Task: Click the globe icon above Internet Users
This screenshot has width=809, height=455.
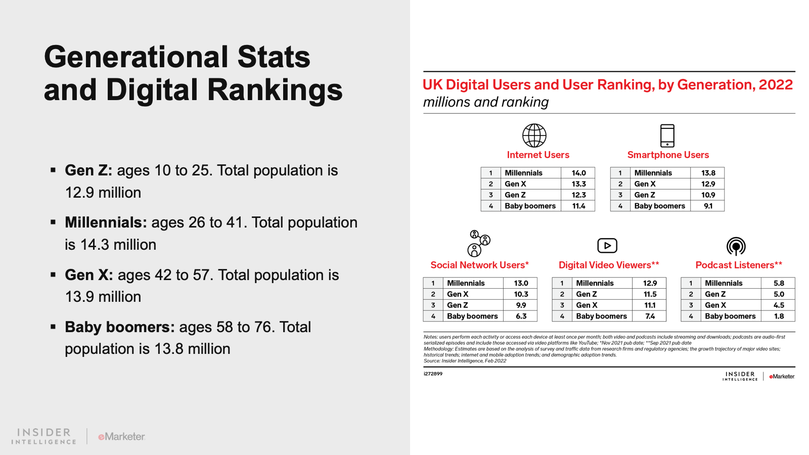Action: coord(534,135)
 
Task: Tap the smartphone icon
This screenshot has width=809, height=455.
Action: coord(667,135)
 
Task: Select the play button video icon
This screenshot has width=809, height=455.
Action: coord(607,246)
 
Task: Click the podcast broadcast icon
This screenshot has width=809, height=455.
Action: coord(736,246)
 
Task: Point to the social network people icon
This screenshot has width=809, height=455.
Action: coord(478,243)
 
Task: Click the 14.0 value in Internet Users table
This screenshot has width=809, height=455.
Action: coord(578,173)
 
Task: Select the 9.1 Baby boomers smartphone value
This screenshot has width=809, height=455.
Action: coord(708,206)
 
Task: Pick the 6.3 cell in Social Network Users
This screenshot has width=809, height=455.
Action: coord(521,316)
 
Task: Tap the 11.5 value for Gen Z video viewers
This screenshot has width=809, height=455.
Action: coord(650,294)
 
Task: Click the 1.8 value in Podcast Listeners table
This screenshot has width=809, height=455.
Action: coord(779,316)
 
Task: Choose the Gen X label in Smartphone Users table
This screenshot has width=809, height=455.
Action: coord(645,184)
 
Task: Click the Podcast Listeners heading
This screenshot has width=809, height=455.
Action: coord(739,265)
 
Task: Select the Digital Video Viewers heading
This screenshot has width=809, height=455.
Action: coord(609,265)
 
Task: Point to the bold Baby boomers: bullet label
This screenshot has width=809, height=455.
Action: coord(119,327)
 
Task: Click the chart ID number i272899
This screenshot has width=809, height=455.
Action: coord(433,374)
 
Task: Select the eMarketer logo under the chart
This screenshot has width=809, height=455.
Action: coord(782,377)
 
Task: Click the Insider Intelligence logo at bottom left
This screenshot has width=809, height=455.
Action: coord(44,436)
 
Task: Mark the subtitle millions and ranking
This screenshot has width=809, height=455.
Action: coord(485,102)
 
